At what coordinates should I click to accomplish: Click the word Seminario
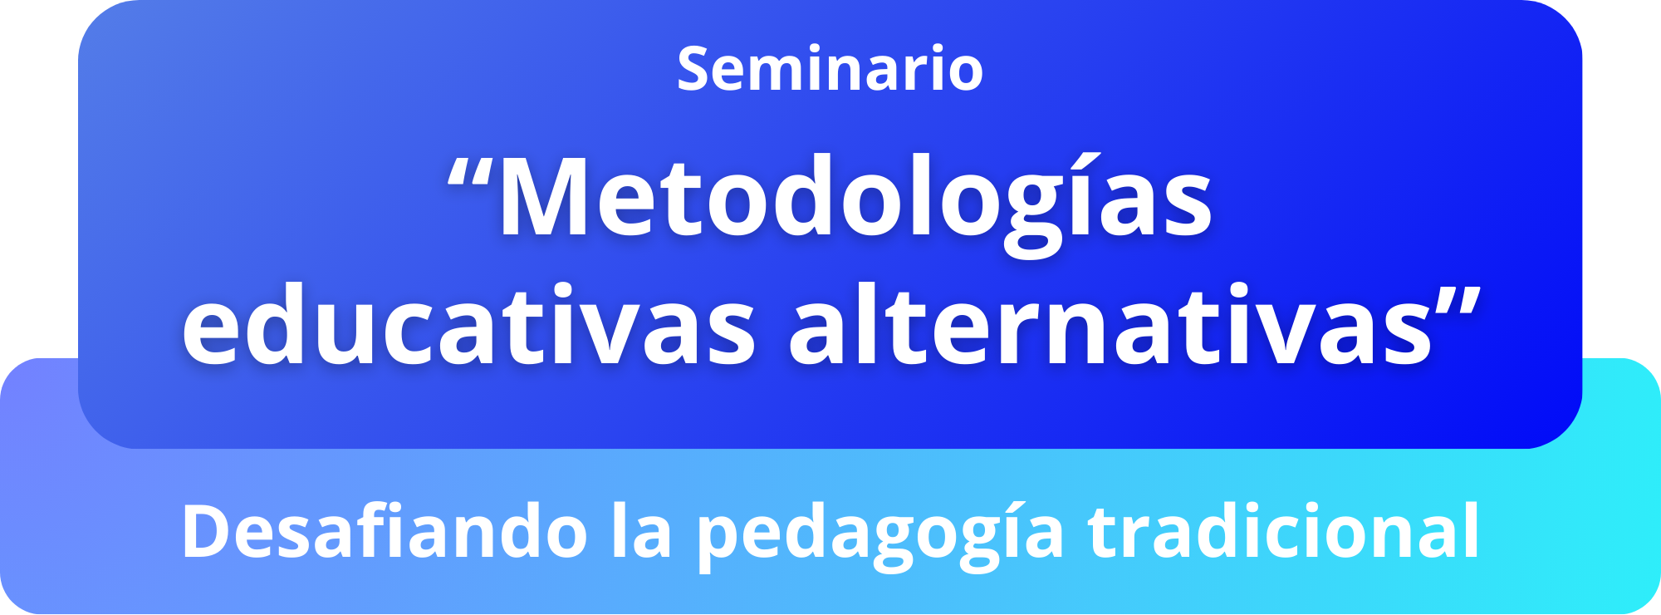[830, 68]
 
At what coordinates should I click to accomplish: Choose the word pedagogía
[880, 536]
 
